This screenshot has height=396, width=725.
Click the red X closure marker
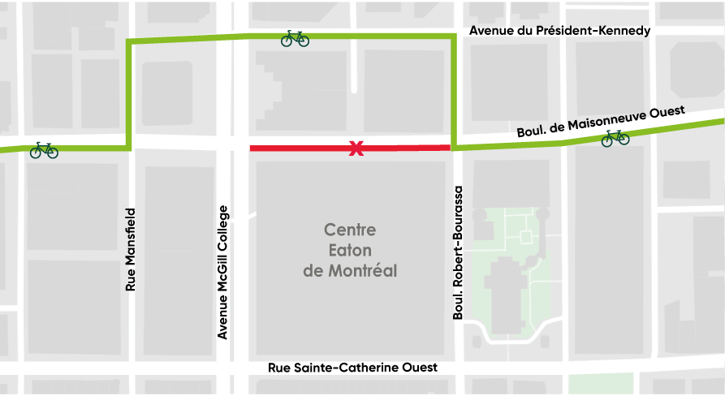tap(355, 148)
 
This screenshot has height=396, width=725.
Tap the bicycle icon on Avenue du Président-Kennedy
tap(295, 38)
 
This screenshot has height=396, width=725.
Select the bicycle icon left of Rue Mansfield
tap(44, 150)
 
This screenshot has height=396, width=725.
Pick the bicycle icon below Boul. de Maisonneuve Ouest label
tap(615, 138)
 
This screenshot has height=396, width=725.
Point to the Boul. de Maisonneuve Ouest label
tap(601, 121)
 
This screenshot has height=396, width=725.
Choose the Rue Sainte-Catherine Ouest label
tap(352, 368)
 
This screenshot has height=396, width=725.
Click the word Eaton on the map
tap(350, 250)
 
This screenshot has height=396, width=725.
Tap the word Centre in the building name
tap(350, 230)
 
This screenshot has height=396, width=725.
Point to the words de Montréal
tap(350, 270)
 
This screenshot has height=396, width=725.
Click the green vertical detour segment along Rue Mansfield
tap(129, 93)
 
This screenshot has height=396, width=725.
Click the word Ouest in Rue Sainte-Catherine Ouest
tap(419, 368)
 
